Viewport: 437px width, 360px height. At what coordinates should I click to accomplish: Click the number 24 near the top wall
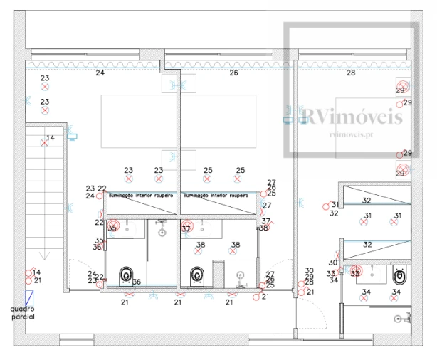100,73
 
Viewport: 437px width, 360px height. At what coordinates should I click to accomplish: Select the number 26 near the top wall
233,73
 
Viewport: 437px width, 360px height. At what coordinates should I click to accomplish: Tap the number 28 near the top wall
350,73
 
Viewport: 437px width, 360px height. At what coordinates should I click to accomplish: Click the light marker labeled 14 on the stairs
45,143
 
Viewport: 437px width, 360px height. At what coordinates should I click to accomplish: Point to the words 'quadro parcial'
23,313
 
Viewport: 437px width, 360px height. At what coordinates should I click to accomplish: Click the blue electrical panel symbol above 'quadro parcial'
28,297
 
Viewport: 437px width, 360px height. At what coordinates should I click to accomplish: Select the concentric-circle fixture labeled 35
112,228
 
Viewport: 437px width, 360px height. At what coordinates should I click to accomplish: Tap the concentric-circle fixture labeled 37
186,228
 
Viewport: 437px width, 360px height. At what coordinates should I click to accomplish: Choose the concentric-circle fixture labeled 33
355,272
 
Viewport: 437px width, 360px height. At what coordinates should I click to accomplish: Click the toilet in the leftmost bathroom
127,274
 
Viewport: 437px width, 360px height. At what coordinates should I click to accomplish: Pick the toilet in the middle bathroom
197,275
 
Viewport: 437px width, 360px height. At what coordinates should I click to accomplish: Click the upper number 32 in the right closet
367,201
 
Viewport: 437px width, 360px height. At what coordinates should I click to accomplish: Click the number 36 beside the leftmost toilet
136,282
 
